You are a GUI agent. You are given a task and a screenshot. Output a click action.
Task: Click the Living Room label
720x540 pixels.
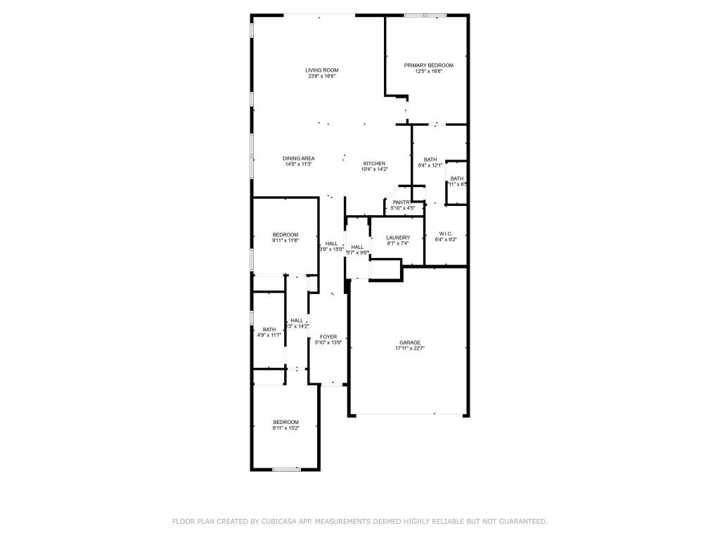point(322,70)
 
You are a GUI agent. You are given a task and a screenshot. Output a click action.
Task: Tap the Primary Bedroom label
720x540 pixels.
point(428,65)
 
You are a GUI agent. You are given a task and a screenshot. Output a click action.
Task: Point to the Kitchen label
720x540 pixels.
point(374,163)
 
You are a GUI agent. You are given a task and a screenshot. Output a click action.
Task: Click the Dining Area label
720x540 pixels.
point(298,158)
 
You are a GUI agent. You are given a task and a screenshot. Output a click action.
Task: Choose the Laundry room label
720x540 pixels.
point(398,238)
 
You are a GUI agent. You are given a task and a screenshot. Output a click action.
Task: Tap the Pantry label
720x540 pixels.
point(401,202)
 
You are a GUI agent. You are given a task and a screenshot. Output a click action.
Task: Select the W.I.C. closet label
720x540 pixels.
point(445,233)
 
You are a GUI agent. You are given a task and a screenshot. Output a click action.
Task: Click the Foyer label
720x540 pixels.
point(328,337)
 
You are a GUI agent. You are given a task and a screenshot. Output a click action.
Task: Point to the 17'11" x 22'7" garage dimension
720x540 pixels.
point(410,348)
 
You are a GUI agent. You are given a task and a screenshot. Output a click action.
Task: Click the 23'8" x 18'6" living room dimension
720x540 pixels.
point(322,76)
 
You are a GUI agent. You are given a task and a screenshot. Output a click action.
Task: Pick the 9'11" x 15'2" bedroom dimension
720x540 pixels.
point(285,427)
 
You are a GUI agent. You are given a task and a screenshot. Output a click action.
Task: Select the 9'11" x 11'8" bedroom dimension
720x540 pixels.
point(285,240)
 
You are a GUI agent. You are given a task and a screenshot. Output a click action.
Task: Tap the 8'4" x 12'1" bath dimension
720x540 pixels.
point(430,165)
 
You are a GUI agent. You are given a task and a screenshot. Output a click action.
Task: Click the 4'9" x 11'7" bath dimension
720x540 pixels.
point(269,335)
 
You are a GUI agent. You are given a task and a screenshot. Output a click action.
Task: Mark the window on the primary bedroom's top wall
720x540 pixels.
point(435,15)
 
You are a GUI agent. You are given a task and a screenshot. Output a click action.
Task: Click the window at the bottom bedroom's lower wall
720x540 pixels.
point(286,469)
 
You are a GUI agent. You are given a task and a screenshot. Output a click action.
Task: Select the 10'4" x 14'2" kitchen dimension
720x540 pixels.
point(374,169)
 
